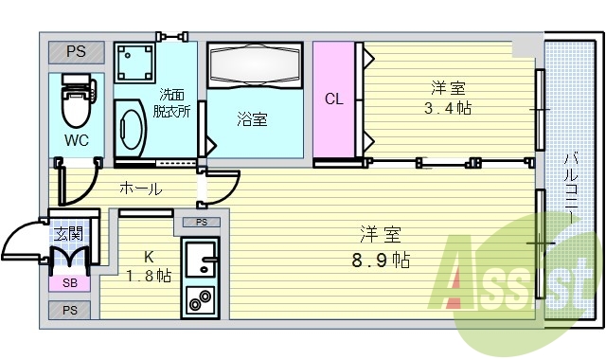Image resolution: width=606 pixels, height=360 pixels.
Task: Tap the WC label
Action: coord(77,141)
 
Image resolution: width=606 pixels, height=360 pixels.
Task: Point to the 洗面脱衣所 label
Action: coord(174,102)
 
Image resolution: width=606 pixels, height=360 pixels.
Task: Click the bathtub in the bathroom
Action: coord(254,66)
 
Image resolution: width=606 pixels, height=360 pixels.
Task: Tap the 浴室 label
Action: coord(252,119)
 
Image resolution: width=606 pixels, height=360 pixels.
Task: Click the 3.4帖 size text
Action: coord(448,108)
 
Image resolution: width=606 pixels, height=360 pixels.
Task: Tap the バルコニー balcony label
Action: coord(572,189)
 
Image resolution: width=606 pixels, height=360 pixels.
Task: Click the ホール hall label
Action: coord(140,189)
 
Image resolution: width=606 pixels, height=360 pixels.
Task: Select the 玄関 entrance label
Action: coord(68,233)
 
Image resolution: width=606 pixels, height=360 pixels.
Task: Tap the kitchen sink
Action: coord(200,259)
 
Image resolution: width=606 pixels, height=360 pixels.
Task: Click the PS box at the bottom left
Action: coord(70,310)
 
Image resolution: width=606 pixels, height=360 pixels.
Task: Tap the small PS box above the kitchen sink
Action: coord(201,222)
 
